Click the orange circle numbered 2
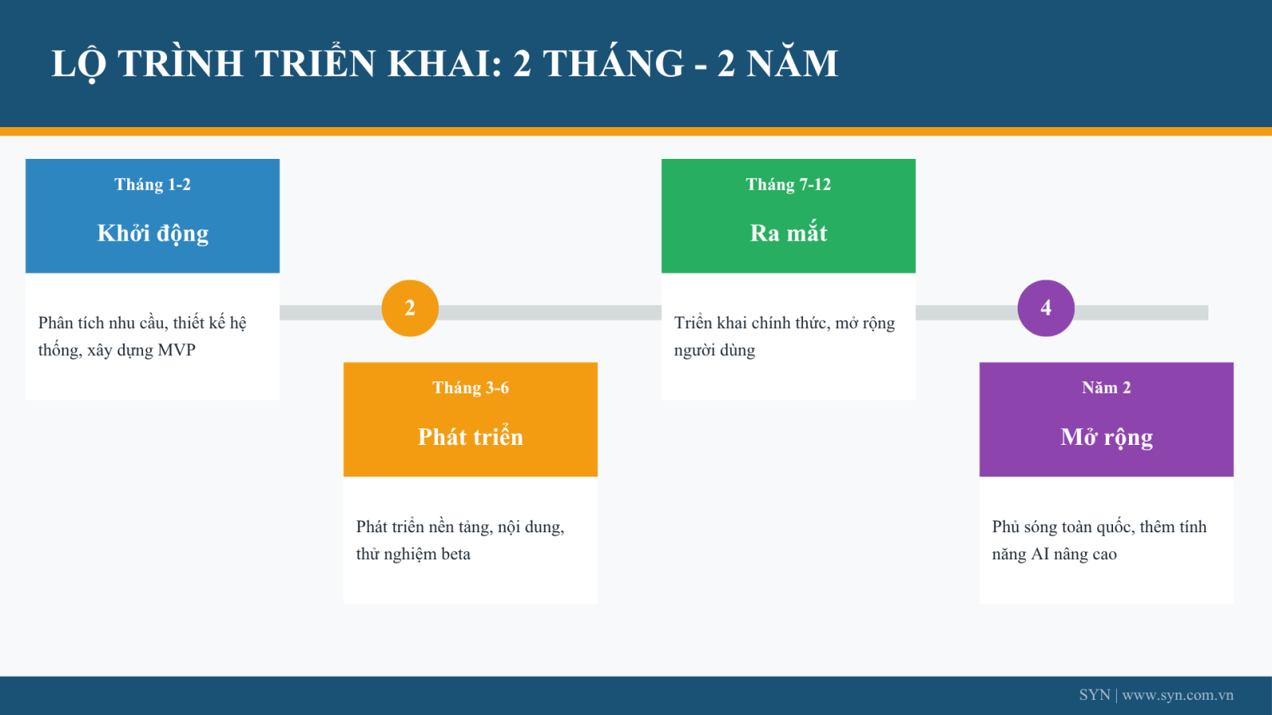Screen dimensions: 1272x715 (x=410, y=308)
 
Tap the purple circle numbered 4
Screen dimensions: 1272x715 (x=1046, y=308)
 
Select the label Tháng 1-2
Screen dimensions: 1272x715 (x=152, y=184)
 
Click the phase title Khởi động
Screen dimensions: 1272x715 (x=153, y=234)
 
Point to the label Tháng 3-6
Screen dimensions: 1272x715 (x=471, y=388)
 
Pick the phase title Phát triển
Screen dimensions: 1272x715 (x=471, y=436)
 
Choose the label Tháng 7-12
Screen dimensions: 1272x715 (x=788, y=184)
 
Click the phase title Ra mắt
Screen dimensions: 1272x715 (x=789, y=233)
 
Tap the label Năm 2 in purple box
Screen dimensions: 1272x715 (x=1106, y=388)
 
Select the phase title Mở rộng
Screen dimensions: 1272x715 (x=1107, y=437)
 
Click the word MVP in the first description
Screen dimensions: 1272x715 (x=176, y=350)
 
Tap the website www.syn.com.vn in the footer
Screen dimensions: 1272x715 (x=1177, y=695)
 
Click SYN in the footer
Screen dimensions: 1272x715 (x=1094, y=695)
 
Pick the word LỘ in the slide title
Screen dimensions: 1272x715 (x=79, y=64)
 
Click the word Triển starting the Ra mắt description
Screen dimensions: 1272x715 (x=692, y=323)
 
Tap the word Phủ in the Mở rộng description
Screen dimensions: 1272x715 (x=1007, y=527)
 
